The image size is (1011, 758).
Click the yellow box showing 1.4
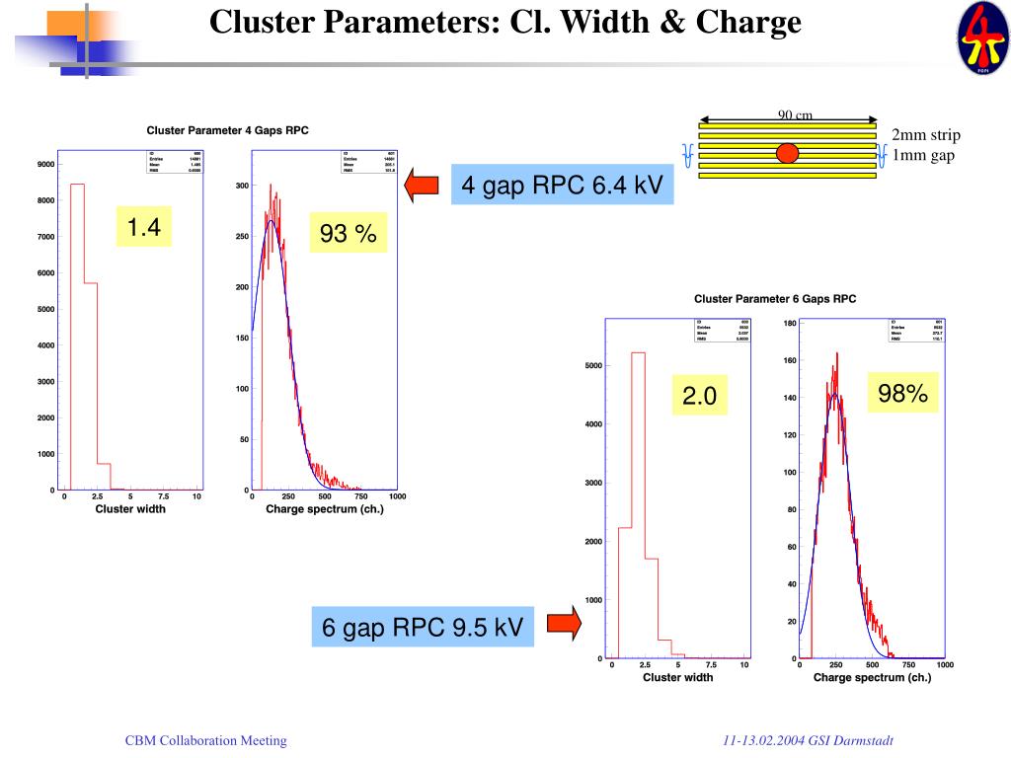[143, 228]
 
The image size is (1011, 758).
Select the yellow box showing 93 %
[348, 234]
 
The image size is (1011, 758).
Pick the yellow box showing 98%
[902, 394]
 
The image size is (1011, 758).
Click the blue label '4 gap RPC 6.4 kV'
[562, 185]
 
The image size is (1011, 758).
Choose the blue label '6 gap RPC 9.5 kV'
[423, 627]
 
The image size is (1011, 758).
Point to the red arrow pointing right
[562, 622]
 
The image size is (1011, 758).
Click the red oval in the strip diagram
[787, 152]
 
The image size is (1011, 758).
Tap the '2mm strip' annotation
[925, 135]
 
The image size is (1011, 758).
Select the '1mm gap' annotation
[923, 155]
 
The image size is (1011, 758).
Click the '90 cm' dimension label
[795, 115]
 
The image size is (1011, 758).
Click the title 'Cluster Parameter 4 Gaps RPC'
[227, 129]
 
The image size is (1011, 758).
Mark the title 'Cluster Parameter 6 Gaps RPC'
[775, 298]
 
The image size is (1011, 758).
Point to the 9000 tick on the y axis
[45, 164]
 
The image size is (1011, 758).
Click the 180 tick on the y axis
[790, 323]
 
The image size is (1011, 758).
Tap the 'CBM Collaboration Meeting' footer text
[205, 740]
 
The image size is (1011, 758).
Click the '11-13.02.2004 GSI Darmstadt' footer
[808, 740]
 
